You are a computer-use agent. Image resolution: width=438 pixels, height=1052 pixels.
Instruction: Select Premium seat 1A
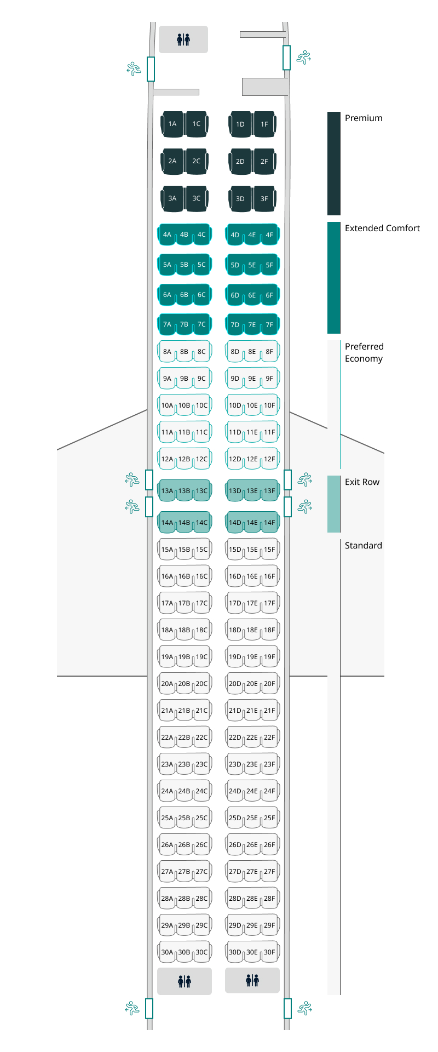click(172, 124)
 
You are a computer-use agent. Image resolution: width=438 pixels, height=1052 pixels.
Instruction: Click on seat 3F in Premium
click(264, 199)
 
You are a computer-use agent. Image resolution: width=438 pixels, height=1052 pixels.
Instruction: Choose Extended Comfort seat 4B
click(184, 235)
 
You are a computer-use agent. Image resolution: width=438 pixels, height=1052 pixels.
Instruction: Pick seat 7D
click(234, 325)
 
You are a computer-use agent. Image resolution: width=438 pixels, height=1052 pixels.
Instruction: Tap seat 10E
click(252, 406)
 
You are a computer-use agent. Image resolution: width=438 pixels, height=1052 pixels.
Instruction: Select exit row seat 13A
click(166, 491)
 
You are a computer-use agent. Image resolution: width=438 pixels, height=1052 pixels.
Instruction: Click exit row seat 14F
click(270, 523)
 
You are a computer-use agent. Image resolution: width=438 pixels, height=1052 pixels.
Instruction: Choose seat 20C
click(202, 684)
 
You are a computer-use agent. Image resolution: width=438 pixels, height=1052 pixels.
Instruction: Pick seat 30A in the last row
click(166, 952)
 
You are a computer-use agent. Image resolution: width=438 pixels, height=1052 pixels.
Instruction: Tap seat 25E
click(252, 818)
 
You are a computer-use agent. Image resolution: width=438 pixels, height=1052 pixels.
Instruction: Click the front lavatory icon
click(183, 39)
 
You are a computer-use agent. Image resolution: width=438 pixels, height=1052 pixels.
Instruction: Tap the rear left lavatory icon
click(185, 981)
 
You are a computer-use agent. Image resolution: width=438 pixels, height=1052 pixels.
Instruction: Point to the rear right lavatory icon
click(252, 980)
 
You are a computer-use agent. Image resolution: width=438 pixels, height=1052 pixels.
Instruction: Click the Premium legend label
click(364, 118)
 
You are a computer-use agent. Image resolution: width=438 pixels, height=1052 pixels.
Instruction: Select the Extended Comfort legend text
click(382, 228)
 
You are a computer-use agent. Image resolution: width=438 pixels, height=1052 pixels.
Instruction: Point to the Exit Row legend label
click(362, 482)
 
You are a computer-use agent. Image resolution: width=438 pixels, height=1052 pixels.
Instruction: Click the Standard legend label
click(363, 546)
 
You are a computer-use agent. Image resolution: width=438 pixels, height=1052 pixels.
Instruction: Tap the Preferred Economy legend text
click(364, 352)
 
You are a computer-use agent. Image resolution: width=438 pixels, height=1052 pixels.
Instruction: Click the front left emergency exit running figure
click(134, 68)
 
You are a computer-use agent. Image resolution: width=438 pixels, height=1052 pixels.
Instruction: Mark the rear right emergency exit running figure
click(304, 1008)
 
